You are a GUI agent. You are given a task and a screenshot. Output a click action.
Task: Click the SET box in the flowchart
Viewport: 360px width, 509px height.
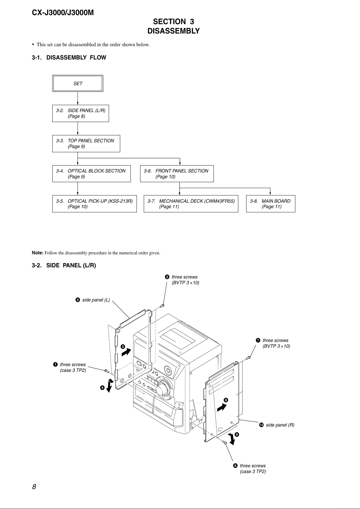click(78, 83)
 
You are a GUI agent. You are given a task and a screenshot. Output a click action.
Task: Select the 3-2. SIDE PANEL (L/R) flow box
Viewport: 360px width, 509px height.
click(81, 113)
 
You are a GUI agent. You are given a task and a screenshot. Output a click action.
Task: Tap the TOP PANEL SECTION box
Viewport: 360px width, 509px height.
click(86, 143)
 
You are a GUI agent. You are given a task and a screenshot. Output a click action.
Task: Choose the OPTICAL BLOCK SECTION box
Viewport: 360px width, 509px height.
click(91, 174)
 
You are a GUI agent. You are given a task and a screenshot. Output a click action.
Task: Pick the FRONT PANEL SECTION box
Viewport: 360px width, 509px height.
click(177, 174)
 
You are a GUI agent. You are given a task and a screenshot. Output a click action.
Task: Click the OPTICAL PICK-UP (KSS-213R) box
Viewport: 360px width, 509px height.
click(95, 204)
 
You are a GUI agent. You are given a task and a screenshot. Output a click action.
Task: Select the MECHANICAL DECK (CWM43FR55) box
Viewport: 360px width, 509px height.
click(191, 204)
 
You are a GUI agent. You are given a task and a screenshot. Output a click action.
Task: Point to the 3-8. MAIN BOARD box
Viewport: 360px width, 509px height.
click(271, 204)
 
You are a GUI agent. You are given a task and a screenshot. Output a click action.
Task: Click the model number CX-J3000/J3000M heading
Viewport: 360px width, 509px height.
click(63, 13)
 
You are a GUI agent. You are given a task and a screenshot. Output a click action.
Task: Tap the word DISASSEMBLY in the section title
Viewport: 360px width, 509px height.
click(174, 31)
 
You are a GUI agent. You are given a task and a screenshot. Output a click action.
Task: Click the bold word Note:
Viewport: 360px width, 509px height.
click(37, 253)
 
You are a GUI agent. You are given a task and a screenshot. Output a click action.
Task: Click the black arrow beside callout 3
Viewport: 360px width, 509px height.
click(127, 352)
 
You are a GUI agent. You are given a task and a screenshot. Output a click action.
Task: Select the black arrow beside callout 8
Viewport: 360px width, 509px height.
click(222, 407)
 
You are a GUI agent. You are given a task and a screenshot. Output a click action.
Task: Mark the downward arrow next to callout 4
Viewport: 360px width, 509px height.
click(110, 386)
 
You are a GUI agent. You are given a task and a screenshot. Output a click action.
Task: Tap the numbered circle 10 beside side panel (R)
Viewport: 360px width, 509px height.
click(262, 425)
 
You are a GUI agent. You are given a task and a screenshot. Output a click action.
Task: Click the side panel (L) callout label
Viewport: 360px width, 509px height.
click(96, 300)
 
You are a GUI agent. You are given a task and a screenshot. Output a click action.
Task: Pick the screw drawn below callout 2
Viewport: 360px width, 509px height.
click(162, 306)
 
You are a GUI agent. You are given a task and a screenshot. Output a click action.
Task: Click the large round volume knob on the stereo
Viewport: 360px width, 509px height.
click(163, 389)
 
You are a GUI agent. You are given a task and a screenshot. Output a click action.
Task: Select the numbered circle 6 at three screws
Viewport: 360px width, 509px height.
click(235, 466)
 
